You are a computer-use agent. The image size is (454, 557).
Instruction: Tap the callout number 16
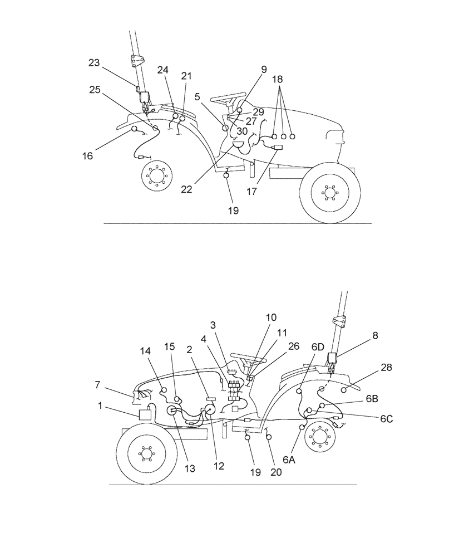(87, 156)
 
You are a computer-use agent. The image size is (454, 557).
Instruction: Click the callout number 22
(187, 189)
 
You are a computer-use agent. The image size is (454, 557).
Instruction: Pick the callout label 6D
(318, 346)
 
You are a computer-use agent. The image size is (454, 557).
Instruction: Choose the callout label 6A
(289, 460)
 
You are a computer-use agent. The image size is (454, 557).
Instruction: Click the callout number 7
(98, 385)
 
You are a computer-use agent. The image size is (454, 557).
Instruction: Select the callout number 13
(190, 468)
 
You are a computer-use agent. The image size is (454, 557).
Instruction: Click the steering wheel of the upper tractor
(227, 100)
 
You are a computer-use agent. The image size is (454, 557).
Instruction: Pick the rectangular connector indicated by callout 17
(277, 147)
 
